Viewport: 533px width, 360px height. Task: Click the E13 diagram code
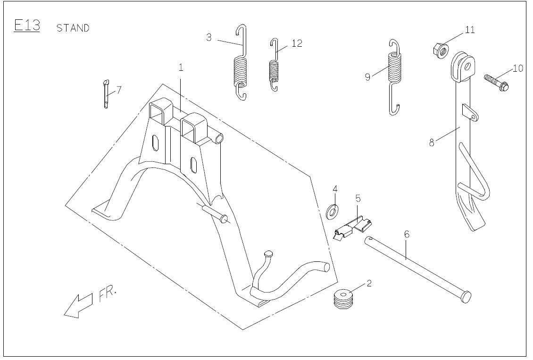coord(26,25)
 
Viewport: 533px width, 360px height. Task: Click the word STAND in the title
coord(73,28)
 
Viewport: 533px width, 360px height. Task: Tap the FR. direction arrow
coord(78,305)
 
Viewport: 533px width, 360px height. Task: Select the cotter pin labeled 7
coord(106,94)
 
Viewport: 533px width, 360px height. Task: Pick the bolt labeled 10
coord(496,83)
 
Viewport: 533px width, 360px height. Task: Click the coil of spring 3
coord(241,71)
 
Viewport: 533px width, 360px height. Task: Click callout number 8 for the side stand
coord(432,143)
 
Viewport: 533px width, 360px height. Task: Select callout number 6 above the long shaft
coord(407,234)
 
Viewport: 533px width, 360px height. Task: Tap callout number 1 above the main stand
coord(181,67)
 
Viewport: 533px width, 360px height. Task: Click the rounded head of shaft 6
coord(466,296)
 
